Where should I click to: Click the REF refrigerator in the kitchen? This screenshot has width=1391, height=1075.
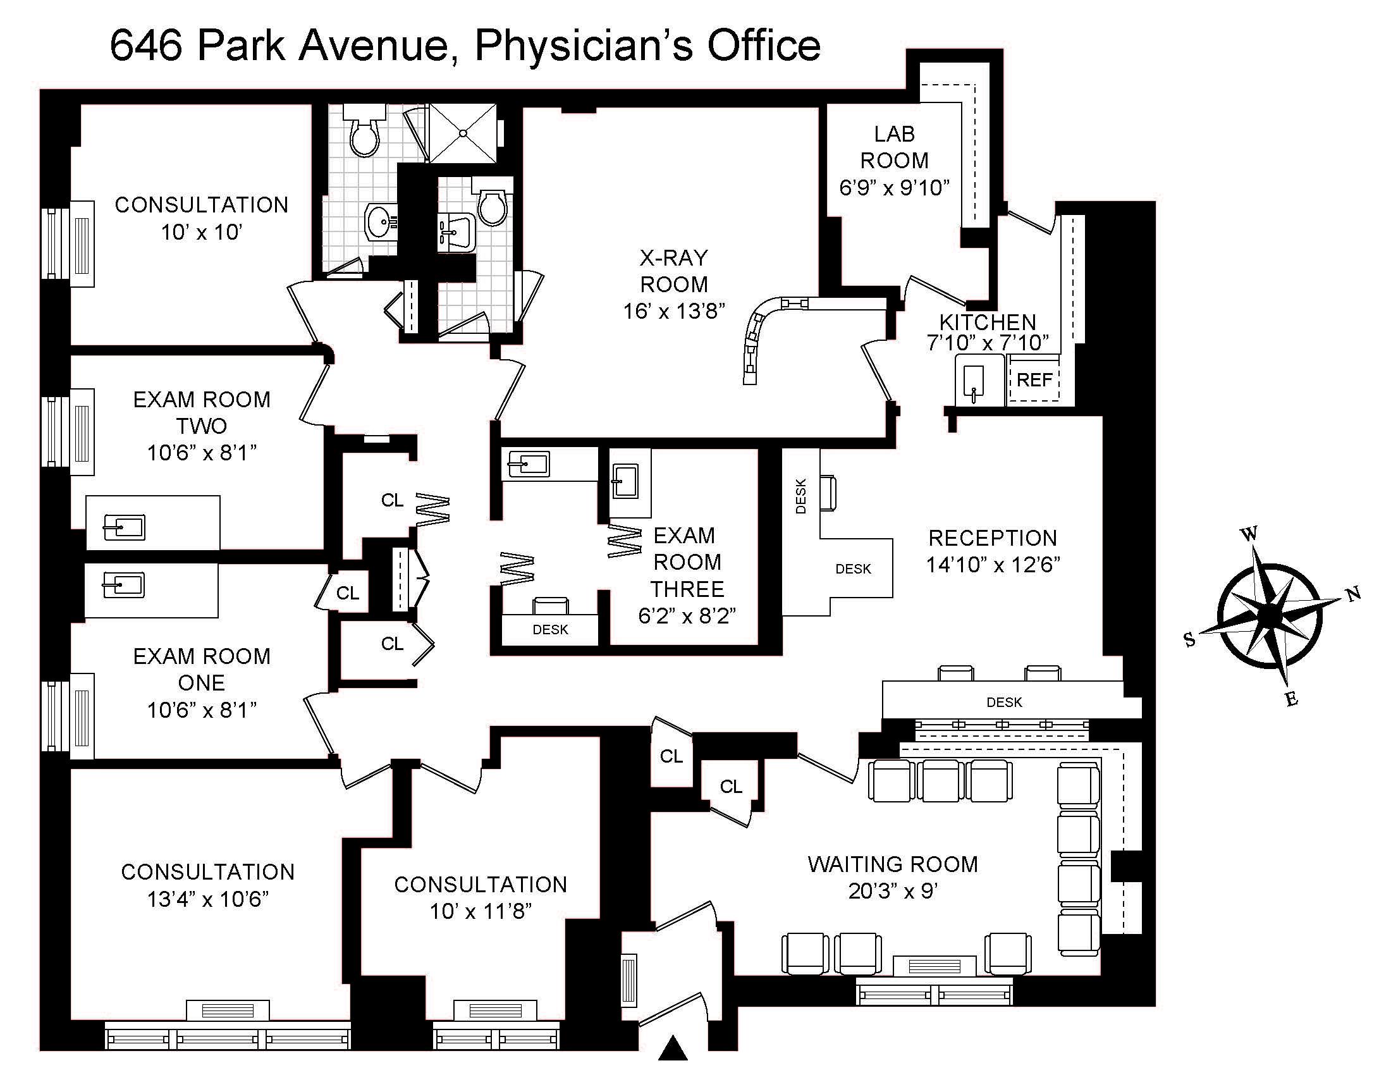click(x=1034, y=380)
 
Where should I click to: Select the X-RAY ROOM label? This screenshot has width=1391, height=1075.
click(x=674, y=271)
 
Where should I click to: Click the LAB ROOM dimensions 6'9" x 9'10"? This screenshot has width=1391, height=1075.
click(x=894, y=187)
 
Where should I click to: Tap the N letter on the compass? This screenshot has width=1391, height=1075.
click(x=1354, y=594)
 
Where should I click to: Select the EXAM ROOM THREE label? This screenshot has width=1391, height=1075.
click(x=687, y=562)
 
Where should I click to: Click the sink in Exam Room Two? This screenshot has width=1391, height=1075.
click(x=125, y=527)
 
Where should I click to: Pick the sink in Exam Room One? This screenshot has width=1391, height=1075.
click(x=123, y=585)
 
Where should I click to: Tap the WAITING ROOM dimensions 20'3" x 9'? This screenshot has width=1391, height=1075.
click(x=892, y=891)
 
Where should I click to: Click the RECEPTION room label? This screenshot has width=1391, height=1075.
click(x=992, y=538)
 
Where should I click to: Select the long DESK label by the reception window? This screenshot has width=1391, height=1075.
click(x=1004, y=702)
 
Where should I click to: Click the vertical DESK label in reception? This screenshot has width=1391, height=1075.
click(x=801, y=496)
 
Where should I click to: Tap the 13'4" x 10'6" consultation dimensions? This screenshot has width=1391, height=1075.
click(x=207, y=899)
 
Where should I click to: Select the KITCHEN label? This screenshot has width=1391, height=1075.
click(x=988, y=322)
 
